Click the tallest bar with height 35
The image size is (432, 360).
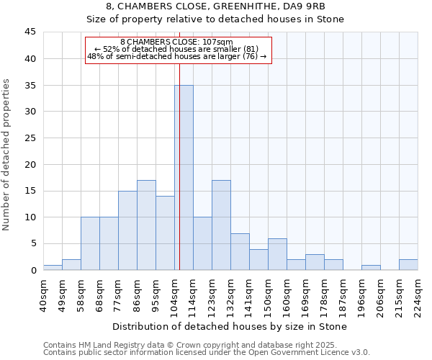point(184,177)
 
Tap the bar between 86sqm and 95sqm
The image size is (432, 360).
point(146,225)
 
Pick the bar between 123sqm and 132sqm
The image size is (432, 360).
point(221,225)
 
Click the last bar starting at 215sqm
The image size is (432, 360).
point(408,264)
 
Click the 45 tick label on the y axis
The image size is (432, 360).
point(30,32)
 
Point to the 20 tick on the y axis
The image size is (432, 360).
point(30,164)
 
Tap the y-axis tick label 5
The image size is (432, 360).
point(33,243)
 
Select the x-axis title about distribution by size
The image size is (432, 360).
point(230,326)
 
